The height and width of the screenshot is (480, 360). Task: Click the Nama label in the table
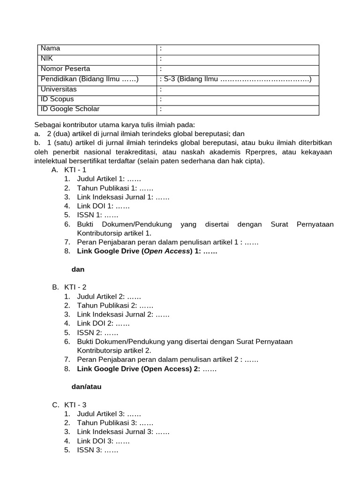tap(51, 48)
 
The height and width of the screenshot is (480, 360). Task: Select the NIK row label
tap(47, 59)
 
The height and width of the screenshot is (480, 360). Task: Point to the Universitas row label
tap(59, 89)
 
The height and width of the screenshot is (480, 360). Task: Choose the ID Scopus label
tap(57, 99)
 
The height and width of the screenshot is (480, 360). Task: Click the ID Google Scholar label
tap(70, 109)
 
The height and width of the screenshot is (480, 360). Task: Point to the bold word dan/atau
tap(86, 387)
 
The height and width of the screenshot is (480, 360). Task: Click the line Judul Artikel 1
tap(109, 179)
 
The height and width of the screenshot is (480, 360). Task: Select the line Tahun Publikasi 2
tap(112, 305)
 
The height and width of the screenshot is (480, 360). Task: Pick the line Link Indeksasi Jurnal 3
tap(123, 432)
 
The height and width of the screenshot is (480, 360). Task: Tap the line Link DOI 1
tap(103, 206)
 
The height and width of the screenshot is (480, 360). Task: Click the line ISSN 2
tap(97, 332)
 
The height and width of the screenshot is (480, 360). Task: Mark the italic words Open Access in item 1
tap(166, 251)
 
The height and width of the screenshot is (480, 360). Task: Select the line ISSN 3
tap(97, 450)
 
